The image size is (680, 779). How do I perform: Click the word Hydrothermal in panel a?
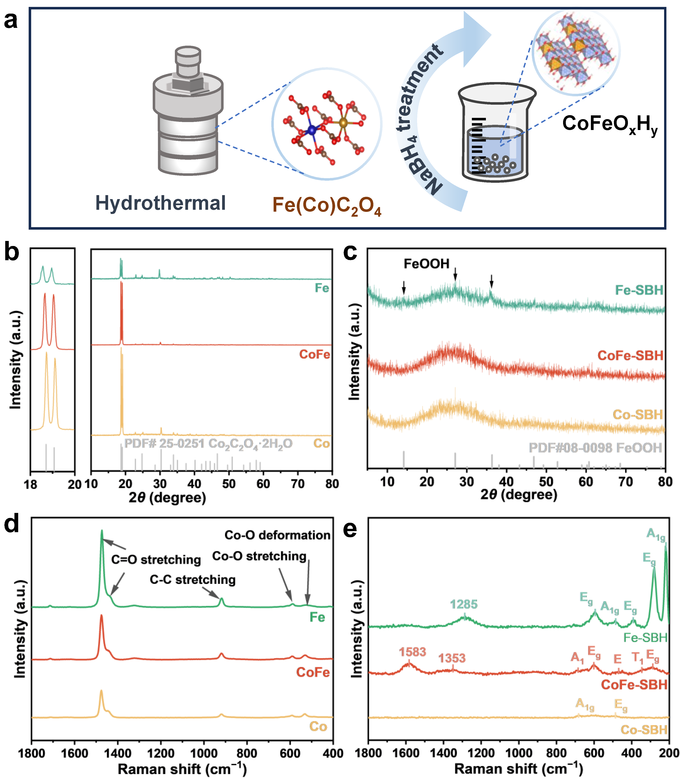[x=160, y=203]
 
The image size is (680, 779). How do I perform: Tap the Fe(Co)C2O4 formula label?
[x=326, y=206]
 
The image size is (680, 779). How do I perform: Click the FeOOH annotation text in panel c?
[x=426, y=264]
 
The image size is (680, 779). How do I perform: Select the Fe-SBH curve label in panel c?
[x=639, y=290]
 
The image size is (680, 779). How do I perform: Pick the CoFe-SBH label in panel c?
[x=630, y=355]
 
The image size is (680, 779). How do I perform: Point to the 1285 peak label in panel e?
[x=464, y=604]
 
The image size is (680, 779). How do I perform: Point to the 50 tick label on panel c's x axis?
[x=546, y=482]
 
